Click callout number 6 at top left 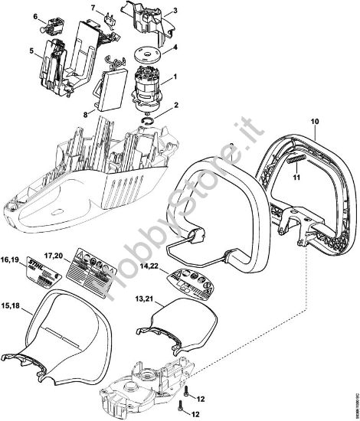tap(36, 15)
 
